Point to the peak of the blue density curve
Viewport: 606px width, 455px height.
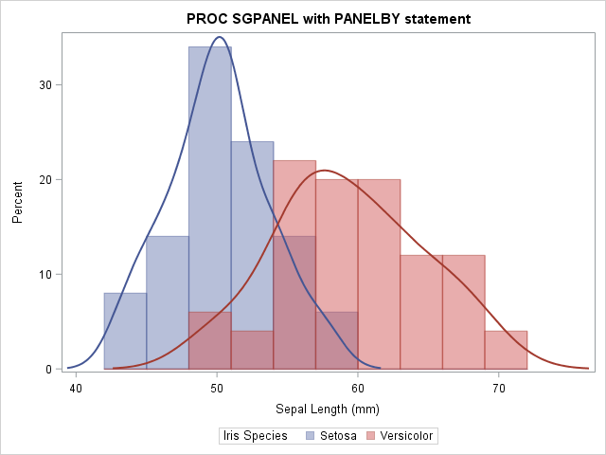[x=220, y=38]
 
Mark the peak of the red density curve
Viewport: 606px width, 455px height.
[x=325, y=171]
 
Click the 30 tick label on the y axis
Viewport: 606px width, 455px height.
[x=45, y=84]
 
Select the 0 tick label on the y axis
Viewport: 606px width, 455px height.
[x=48, y=369]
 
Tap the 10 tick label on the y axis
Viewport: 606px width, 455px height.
[x=45, y=274]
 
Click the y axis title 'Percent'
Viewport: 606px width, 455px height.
[x=17, y=203]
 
